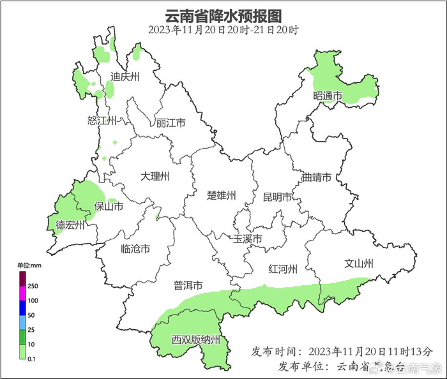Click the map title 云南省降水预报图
click(x=223, y=15)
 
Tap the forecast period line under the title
click(x=223, y=29)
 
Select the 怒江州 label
click(x=102, y=121)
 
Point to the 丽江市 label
click(x=170, y=123)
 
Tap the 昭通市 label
click(x=328, y=96)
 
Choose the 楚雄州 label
click(x=222, y=195)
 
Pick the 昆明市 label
click(x=278, y=197)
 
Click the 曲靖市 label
click(x=316, y=177)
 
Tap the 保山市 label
click(x=109, y=206)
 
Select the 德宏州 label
click(x=70, y=225)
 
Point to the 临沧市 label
click(x=135, y=249)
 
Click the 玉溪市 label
click(x=248, y=239)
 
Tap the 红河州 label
click(x=283, y=269)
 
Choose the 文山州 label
click(x=358, y=263)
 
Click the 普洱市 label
click(x=188, y=286)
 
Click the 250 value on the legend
click(x=33, y=286)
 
